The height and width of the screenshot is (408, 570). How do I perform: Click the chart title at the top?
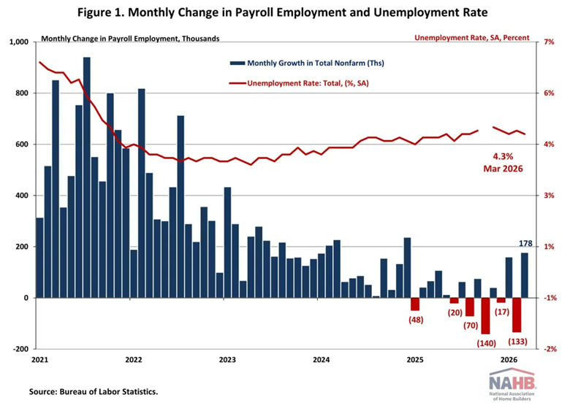click(284, 12)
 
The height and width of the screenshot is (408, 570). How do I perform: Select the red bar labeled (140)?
click(485, 315)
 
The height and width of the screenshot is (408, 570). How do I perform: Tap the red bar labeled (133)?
click(517, 315)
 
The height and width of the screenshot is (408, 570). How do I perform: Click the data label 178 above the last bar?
click(525, 244)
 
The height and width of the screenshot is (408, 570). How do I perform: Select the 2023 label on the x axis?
click(227, 360)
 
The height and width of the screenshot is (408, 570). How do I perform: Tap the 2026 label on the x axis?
click(509, 360)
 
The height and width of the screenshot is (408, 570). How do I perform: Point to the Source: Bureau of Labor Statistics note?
click(94, 392)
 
